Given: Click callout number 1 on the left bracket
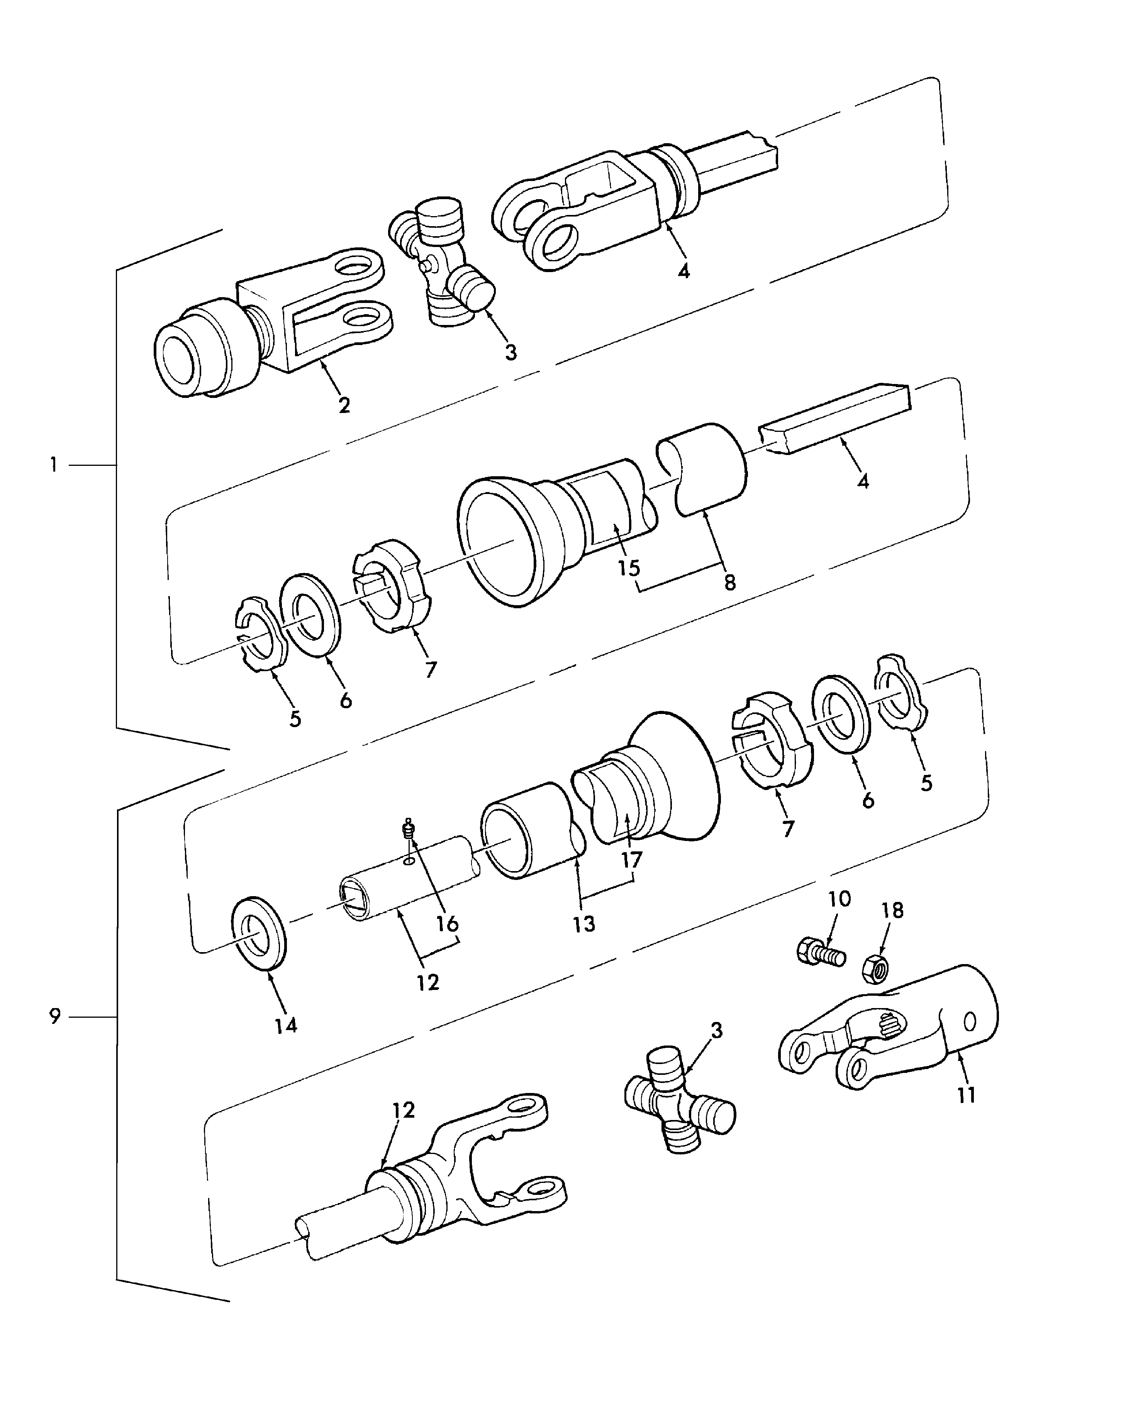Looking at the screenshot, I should click(x=54, y=465).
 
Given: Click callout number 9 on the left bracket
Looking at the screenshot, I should click(x=55, y=1017).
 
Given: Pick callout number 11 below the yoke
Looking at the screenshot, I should click(x=966, y=1095).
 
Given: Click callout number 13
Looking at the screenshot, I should click(x=583, y=924).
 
